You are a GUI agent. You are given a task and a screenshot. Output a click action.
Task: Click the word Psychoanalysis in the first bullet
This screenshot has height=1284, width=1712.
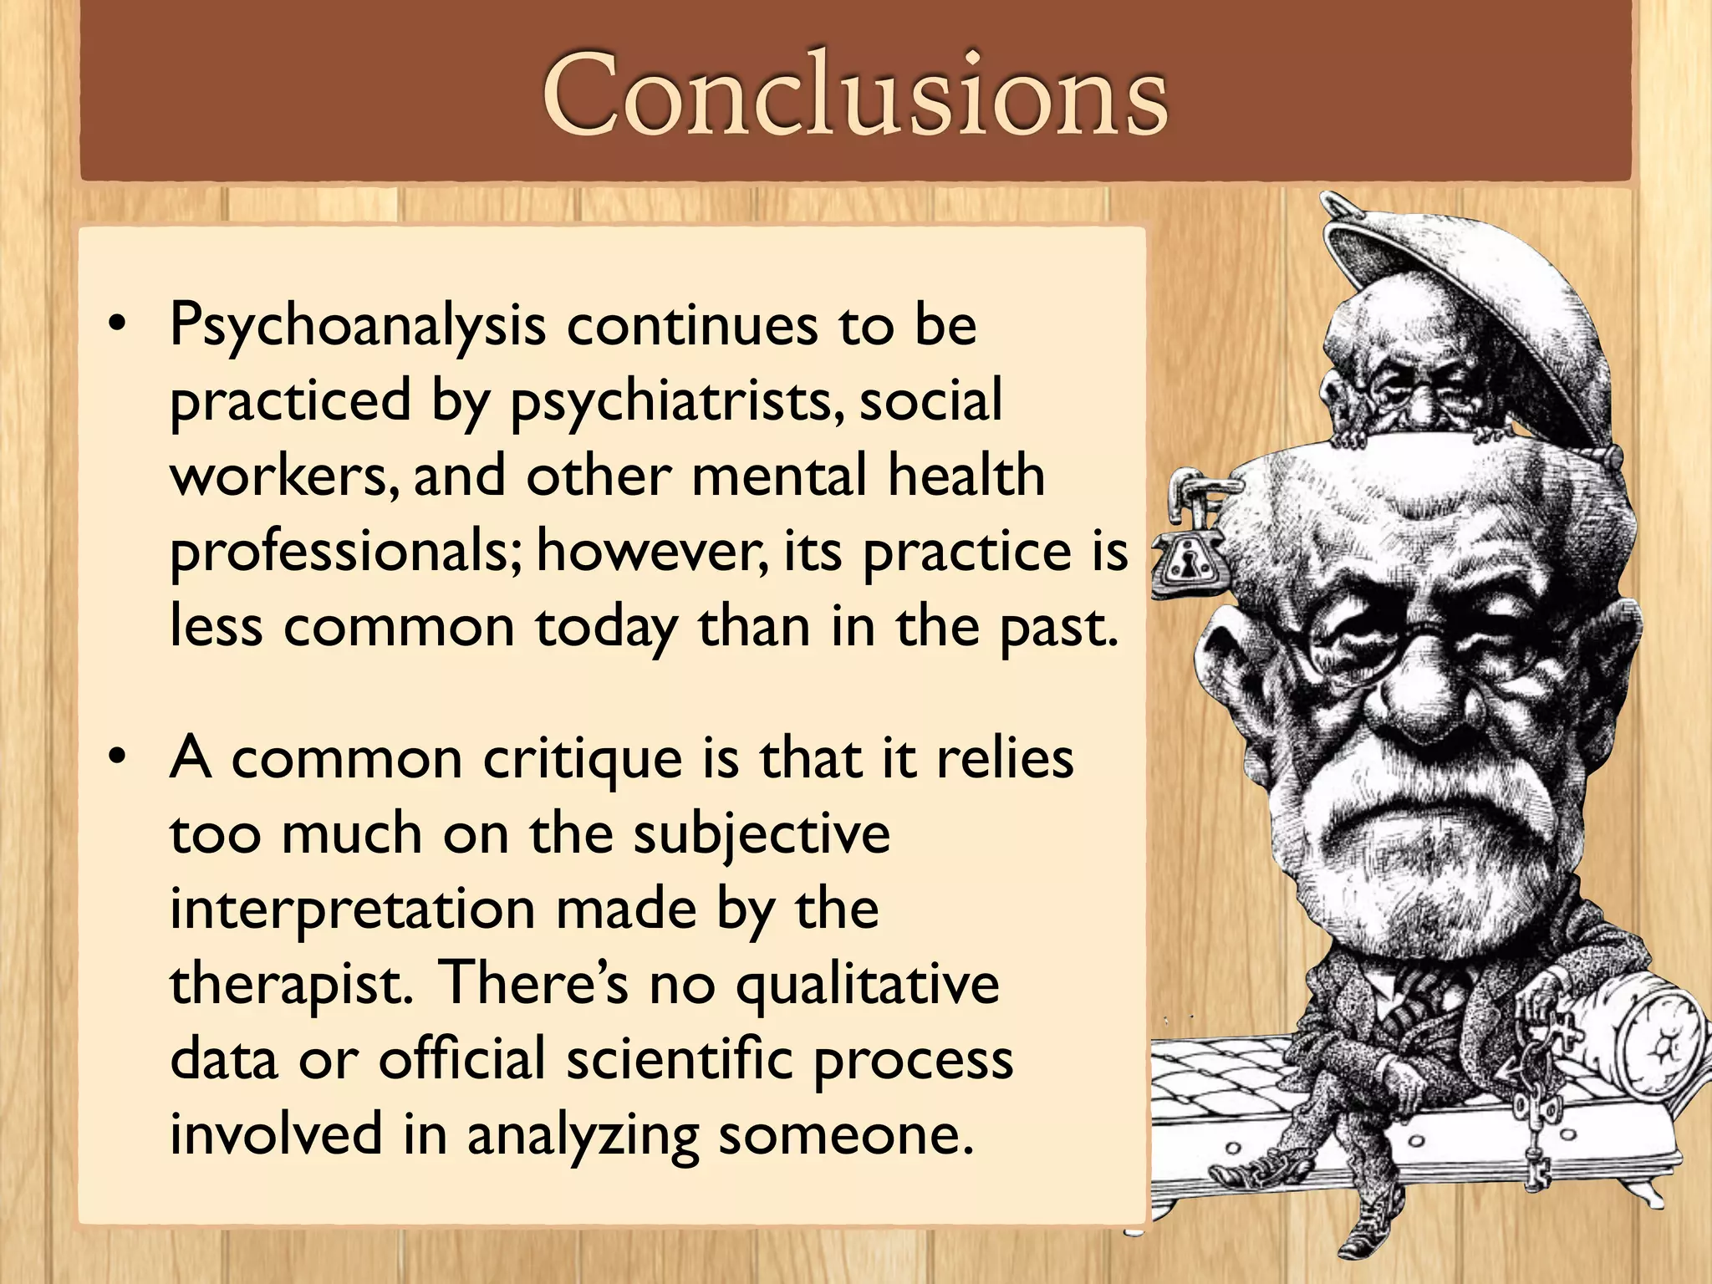click(358, 326)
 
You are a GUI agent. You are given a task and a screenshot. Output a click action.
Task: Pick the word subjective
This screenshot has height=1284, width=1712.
click(762, 834)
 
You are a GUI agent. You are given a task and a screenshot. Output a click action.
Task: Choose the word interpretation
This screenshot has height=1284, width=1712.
click(352, 909)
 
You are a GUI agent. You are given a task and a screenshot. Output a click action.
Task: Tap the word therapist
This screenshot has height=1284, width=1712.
click(291, 985)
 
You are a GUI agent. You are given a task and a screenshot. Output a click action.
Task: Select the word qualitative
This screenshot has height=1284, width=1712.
click(867, 985)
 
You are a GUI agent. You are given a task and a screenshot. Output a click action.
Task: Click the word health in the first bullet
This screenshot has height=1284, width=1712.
click(966, 476)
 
